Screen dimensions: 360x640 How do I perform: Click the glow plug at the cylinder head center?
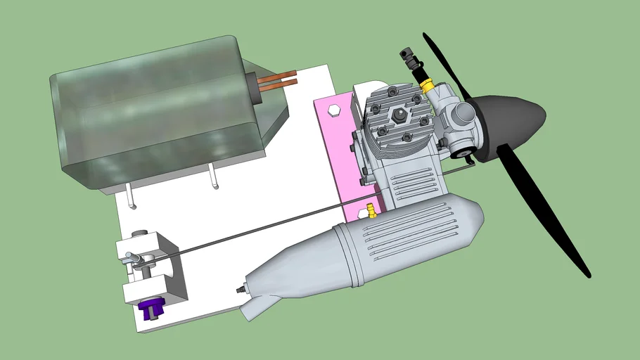[399, 115]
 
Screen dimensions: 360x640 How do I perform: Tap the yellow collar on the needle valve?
[426, 84]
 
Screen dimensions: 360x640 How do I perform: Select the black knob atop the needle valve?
[405, 53]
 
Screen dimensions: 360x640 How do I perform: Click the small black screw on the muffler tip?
[241, 288]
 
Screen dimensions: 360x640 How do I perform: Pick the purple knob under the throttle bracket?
[151, 309]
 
